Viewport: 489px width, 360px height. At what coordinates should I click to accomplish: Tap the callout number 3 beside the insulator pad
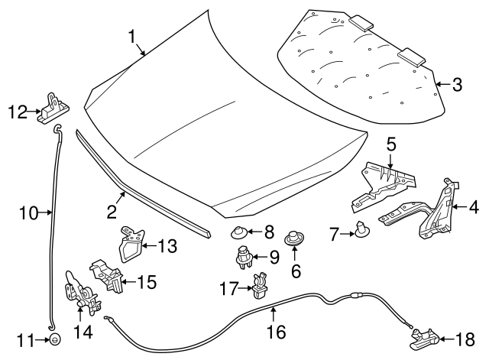(457, 85)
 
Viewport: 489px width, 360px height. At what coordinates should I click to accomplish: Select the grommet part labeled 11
(55, 339)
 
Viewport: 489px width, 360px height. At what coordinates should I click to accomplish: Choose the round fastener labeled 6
(293, 240)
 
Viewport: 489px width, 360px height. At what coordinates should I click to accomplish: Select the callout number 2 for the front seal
(112, 211)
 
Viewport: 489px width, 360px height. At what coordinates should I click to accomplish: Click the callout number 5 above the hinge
(390, 143)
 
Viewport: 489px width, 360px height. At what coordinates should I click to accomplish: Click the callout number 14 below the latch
(80, 332)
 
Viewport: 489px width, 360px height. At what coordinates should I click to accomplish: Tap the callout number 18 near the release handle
(465, 339)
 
